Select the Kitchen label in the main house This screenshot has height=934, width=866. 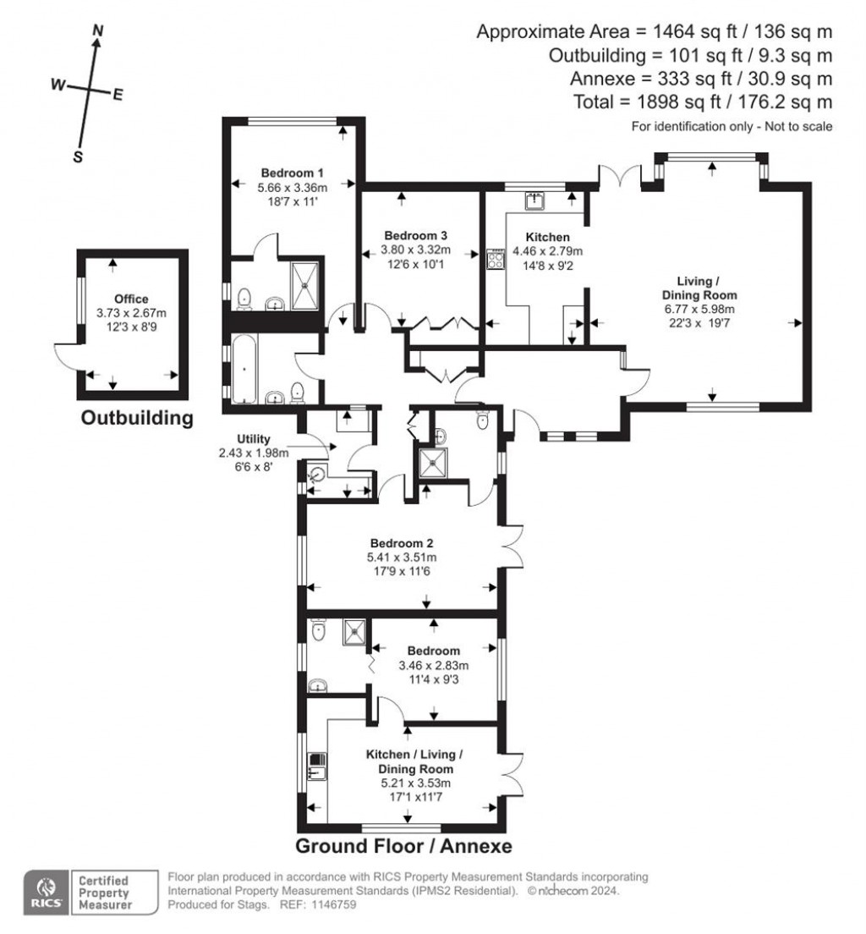point(547,237)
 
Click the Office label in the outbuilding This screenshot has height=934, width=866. point(132,299)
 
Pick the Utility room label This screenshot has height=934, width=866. point(253,438)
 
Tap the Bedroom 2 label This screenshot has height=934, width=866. point(402,542)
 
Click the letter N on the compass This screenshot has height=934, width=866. point(98,31)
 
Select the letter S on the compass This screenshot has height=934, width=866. point(78,157)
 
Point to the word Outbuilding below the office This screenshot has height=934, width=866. point(137,417)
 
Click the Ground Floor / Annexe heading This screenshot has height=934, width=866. point(403,847)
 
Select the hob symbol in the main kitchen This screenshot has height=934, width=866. point(494,258)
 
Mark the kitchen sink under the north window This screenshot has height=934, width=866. point(534,200)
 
